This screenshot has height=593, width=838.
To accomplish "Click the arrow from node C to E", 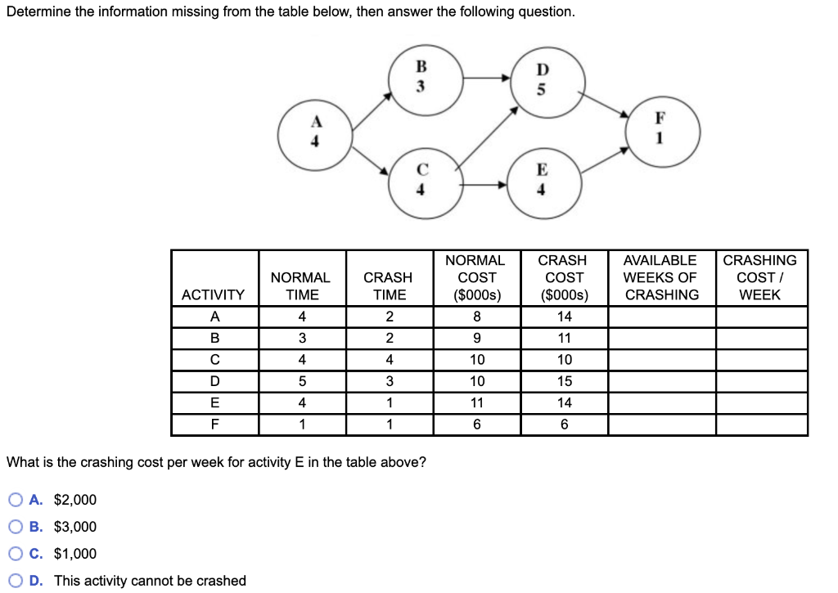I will coord(484,185).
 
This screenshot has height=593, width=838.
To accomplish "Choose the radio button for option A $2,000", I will coord(16,500).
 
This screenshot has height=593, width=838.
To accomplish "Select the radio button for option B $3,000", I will coord(16,527).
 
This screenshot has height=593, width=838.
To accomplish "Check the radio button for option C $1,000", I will coord(16,554).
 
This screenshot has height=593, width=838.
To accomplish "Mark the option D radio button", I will coord(16,581).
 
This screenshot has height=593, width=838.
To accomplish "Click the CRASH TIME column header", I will coord(389,286).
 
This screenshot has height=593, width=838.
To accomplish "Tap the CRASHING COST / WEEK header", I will coord(759,277).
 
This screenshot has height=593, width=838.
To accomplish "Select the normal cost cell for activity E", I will coord(477,402).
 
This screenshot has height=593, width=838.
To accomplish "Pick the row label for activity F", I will coord(214,425).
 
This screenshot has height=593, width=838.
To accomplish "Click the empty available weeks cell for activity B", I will coord(661,339).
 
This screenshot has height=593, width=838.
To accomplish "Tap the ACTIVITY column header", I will coord(213,294).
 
